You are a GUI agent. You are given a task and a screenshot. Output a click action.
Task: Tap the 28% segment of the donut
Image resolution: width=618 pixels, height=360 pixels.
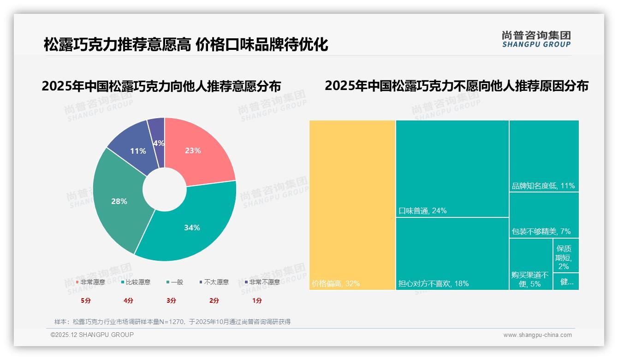[x=119, y=201]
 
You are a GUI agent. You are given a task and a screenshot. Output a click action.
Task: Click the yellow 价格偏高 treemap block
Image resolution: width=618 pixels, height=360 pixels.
[x=352, y=205]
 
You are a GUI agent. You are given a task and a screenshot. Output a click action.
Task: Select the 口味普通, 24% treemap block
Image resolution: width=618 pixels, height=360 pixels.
[x=452, y=168]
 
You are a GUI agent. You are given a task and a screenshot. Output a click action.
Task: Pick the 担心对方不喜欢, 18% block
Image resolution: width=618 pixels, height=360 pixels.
[x=452, y=253]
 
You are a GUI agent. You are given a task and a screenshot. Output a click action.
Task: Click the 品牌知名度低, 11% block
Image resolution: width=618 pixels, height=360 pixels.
[x=544, y=156]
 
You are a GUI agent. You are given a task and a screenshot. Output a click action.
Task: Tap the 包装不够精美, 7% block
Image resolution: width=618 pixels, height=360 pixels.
[x=544, y=215]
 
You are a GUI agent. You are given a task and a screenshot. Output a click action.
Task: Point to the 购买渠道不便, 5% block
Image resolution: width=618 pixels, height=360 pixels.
[x=530, y=264]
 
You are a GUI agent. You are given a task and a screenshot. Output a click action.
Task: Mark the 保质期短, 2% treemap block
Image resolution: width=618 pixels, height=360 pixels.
[x=566, y=256]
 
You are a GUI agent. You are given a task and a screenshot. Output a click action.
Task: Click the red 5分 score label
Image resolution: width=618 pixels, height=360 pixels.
[x=86, y=300]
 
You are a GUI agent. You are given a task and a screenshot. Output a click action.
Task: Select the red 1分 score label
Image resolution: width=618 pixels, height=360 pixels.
[x=257, y=300]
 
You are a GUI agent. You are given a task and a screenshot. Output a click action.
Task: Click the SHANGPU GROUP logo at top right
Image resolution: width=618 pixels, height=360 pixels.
[x=536, y=39]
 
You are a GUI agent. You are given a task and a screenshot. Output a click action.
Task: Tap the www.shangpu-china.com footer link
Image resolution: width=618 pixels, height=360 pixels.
[x=537, y=335]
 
